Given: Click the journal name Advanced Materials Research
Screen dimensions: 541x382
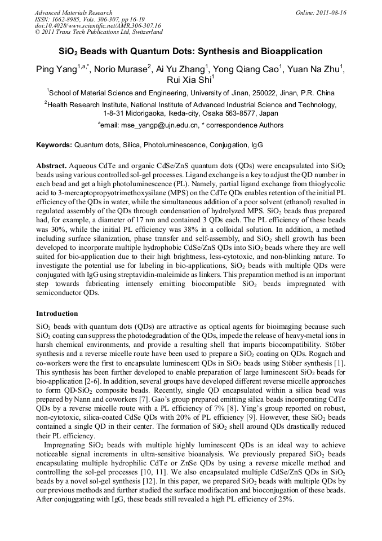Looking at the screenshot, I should click(73, 12).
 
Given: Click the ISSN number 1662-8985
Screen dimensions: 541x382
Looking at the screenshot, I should click(65, 19).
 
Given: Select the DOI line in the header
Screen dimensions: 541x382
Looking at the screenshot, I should click(97, 26).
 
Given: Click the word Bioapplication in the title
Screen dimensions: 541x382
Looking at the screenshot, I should click(288, 51).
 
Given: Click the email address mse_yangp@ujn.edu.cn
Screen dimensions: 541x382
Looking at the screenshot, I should click(158, 125).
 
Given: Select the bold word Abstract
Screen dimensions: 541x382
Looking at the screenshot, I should click(51, 167).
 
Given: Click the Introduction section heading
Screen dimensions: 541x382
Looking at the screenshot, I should click(57, 314).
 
